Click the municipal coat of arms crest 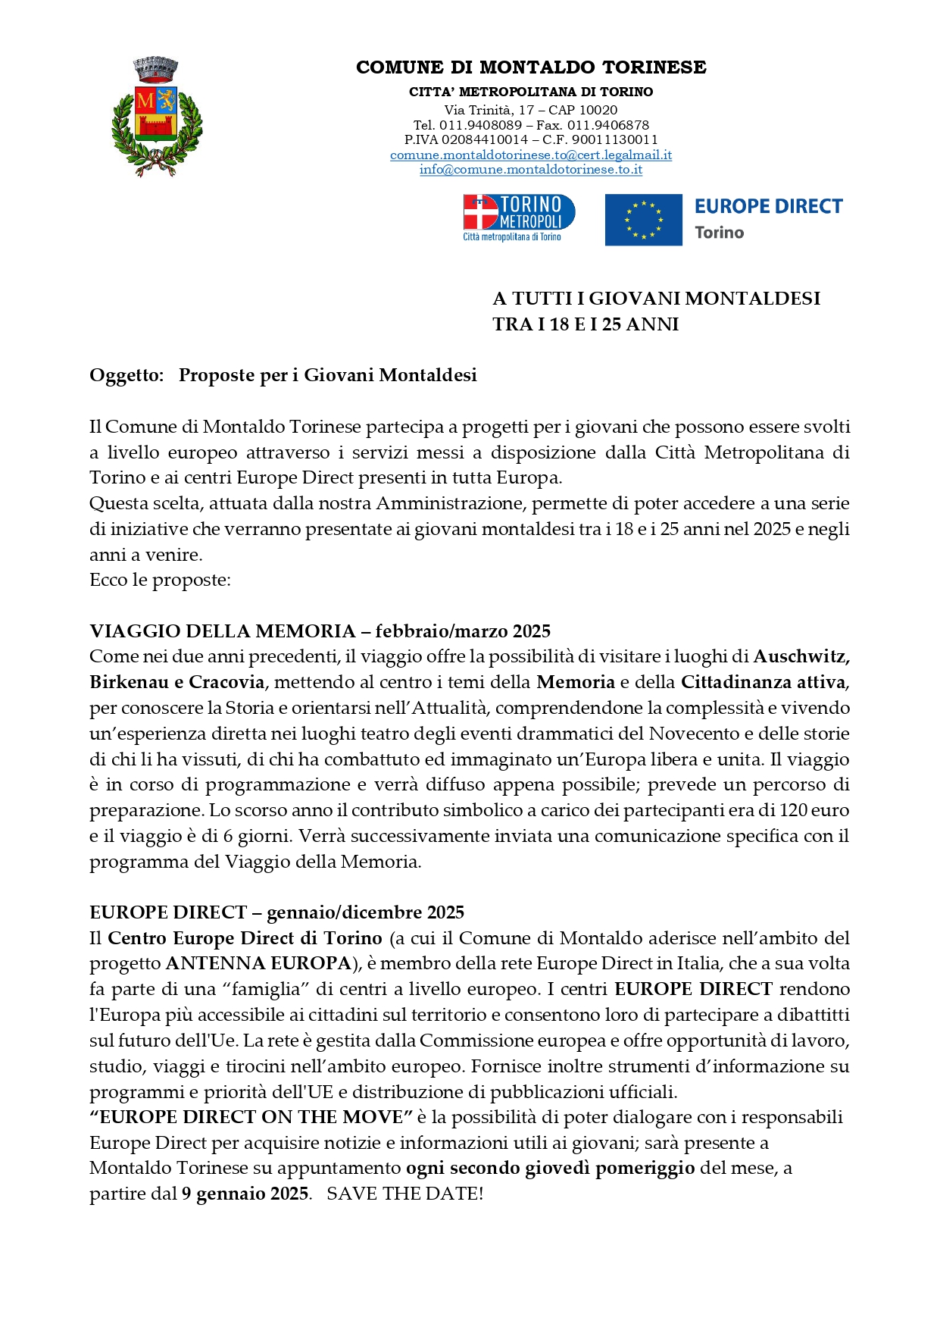(156, 117)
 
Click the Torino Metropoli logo (519, 217)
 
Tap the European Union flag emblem (643, 220)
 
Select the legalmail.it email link (530, 155)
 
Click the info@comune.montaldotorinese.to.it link (530, 170)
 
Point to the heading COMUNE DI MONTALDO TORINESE (531, 67)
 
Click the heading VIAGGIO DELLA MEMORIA (223, 631)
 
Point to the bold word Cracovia (226, 682)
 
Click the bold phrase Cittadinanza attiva (763, 682)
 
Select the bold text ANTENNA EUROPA (258, 963)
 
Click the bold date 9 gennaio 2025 (245, 1194)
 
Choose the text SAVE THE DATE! (405, 1194)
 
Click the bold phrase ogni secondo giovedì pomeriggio (551, 1168)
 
